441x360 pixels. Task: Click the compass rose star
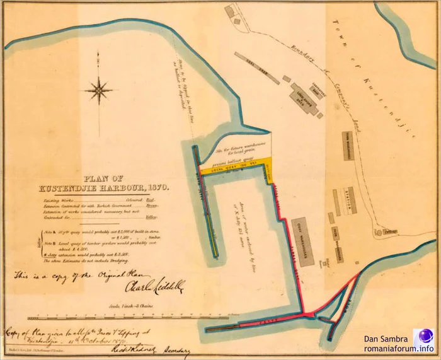coord(99,90)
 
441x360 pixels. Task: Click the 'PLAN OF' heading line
coord(101,177)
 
